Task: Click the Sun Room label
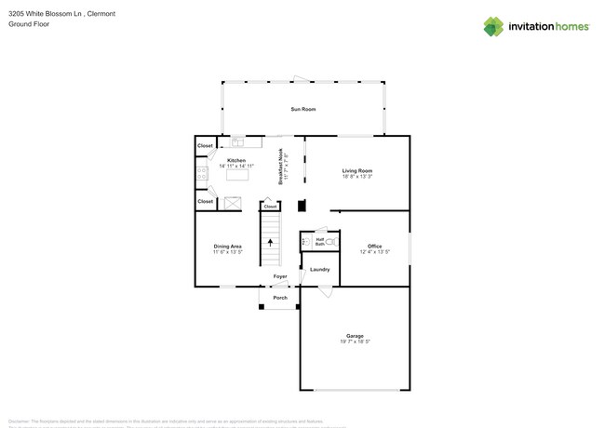[302, 109]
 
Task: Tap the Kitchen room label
[236, 160]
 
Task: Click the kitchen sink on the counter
[238, 142]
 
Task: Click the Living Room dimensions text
[356, 176]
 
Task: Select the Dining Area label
[227, 246]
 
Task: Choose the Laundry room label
[320, 269]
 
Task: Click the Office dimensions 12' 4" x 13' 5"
[374, 252]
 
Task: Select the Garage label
[355, 336]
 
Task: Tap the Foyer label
[279, 276]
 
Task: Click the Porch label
[279, 298]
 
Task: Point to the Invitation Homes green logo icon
[493, 26]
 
